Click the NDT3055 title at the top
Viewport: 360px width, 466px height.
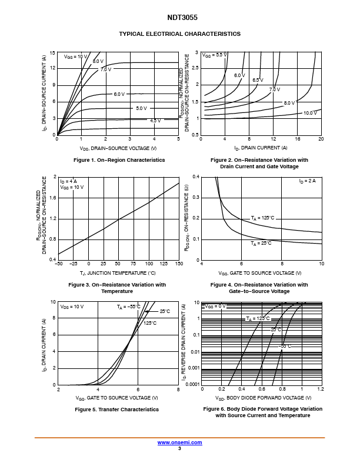tap(182, 18)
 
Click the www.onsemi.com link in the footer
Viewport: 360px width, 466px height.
tap(179, 442)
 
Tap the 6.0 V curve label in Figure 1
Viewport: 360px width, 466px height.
tap(119, 94)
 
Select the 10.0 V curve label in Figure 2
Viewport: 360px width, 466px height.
tap(310, 113)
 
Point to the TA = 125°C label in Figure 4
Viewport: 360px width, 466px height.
tap(262, 218)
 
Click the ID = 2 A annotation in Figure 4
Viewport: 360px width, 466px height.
tap(308, 181)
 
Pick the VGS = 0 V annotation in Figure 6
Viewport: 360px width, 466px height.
tap(215, 306)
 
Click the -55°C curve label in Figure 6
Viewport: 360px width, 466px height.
tap(285, 346)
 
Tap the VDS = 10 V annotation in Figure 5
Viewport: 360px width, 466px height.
tap(72, 307)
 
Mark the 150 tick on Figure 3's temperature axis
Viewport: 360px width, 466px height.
tap(179, 264)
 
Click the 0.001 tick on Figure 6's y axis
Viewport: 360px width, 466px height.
tap(194, 368)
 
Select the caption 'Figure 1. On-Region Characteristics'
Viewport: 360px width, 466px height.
tap(119, 160)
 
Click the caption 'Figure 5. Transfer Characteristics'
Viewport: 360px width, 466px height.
tap(116, 410)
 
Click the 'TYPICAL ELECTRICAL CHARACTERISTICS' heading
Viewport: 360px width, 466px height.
tap(179, 34)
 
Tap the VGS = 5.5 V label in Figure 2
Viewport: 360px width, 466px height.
tap(215, 55)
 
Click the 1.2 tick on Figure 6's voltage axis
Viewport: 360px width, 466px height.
tap(321, 389)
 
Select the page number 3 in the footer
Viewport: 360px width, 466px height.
tap(179, 448)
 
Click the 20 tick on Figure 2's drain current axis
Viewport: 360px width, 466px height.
tap(321, 139)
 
